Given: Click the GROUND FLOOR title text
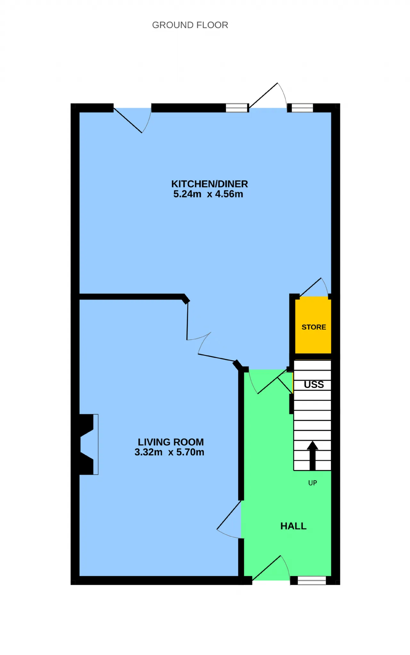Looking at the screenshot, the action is tap(190, 25).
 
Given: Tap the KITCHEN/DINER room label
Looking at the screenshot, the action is tap(209, 184).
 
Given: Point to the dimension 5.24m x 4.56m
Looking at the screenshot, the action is tap(208, 194).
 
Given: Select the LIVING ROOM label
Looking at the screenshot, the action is tap(171, 442).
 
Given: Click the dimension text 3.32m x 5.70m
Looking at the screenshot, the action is tap(169, 452).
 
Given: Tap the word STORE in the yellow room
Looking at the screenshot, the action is tap(314, 327).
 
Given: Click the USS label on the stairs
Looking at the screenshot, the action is tap(314, 385).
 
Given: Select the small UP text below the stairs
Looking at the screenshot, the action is tap(313, 483).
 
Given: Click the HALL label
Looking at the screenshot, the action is tap(293, 526).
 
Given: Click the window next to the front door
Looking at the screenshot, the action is tap(312, 580).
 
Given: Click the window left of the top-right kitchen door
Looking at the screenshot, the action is tap(237, 108).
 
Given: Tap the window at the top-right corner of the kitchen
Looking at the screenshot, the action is tap(302, 108).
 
